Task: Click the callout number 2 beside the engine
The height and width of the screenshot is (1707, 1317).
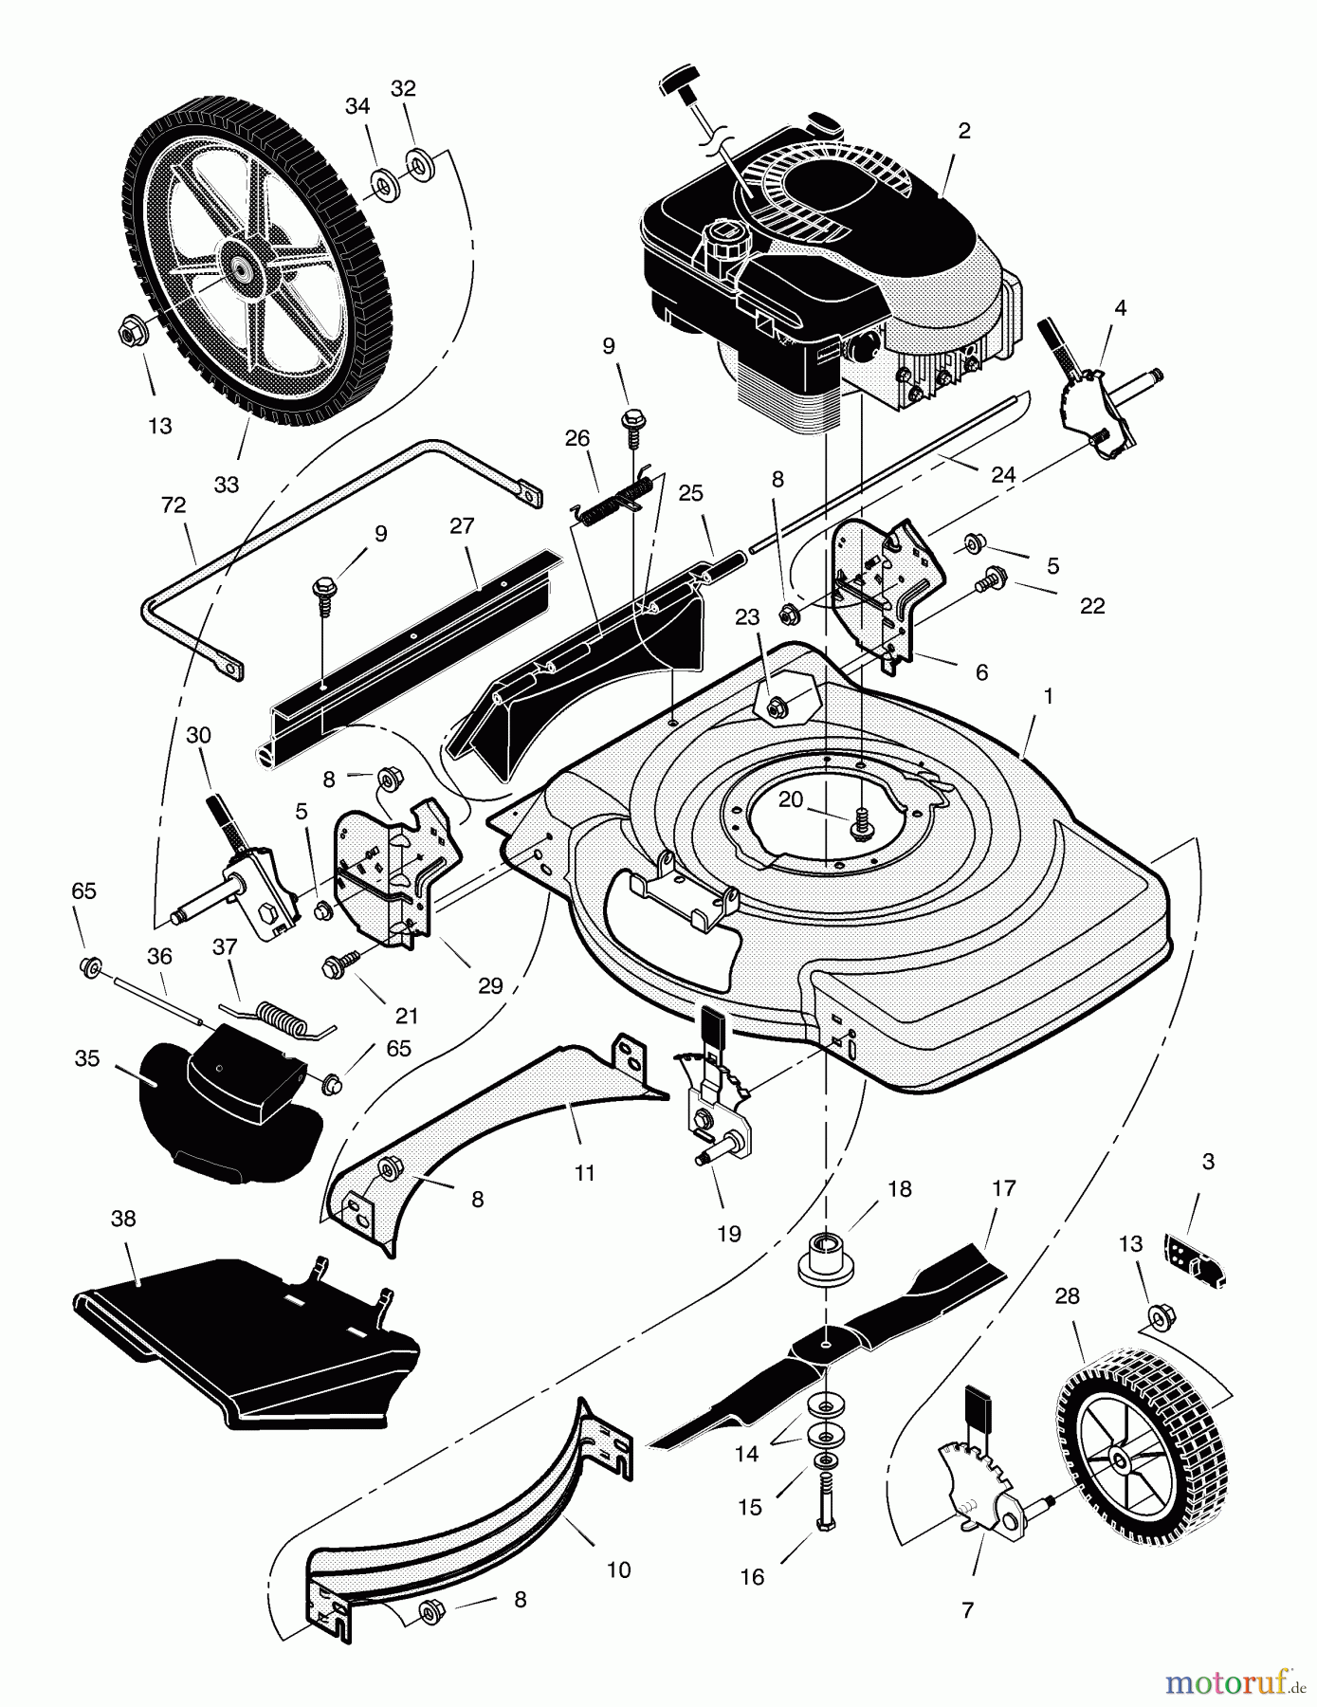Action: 964,132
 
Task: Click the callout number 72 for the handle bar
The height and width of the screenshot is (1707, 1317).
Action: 174,505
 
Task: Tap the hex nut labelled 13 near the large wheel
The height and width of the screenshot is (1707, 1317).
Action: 130,333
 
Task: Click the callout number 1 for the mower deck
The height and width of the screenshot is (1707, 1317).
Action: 1048,695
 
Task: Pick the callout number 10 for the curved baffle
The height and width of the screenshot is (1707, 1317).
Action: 618,1570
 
